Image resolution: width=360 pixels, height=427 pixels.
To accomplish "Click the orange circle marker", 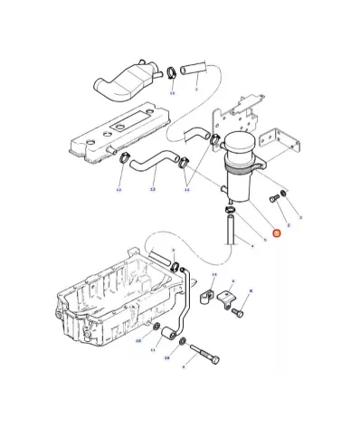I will [x=278, y=233].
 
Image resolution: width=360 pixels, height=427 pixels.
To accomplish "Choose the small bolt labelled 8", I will [x=238, y=313].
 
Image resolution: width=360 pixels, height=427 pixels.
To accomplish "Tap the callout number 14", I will [x=213, y=273].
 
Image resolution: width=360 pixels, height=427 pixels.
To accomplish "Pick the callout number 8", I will [x=251, y=289].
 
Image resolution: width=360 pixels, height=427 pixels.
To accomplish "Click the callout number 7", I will [x=195, y=90].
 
